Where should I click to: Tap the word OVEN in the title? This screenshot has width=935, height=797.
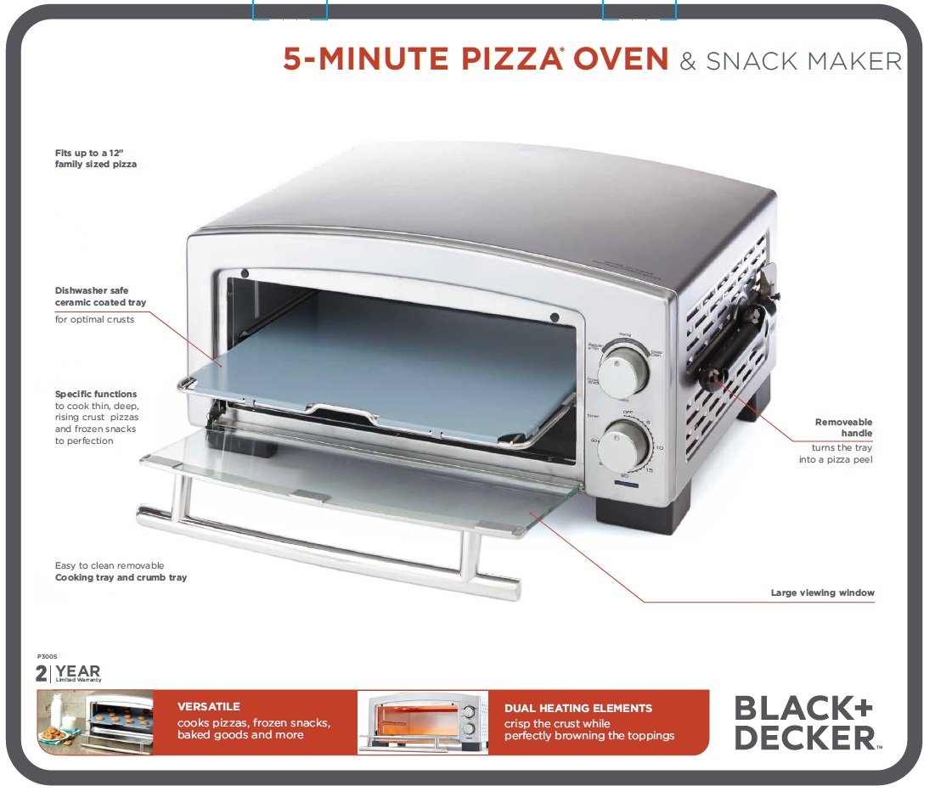click(x=621, y=59)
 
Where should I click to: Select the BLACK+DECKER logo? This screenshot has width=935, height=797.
click(x=804, y=722)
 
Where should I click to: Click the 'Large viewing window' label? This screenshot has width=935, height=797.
click(x=822, y=592)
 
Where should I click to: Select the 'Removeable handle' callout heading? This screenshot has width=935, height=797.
click(x=843, y=427)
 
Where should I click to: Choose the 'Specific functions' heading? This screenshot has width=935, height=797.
click(x=96, y=394)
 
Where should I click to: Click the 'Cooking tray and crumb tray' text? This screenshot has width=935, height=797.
click(x=121, y=577)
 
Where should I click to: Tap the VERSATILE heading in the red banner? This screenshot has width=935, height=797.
click(x=209, y=706)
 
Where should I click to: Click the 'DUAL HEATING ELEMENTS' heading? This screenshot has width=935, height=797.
click(x=578, y=708)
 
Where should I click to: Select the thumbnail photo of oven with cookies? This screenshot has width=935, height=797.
click(x=95, y=721)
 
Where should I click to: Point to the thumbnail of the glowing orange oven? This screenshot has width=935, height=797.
click(x=423, y=721)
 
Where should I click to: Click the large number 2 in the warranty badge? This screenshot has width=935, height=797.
click(x=42, y=674)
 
